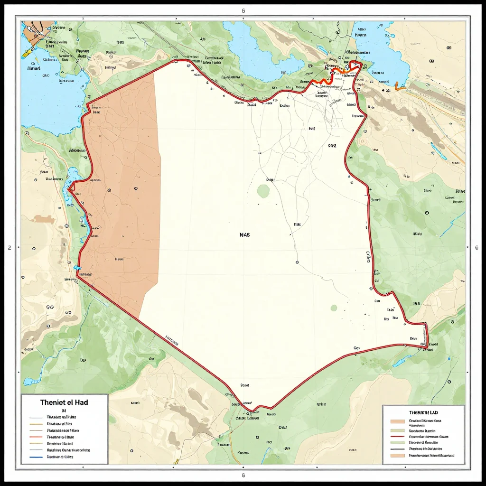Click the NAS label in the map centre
point(245,234)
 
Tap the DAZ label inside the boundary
point(332,146)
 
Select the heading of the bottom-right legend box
point(422,413)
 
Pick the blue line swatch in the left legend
point(36,457)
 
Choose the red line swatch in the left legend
point(36,437)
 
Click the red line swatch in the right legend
point(397,436)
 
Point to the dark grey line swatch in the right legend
point(397,449)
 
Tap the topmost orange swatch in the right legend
point(397,421)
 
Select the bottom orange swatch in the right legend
point(397,456)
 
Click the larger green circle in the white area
point(263,191)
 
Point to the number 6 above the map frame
point(243,10)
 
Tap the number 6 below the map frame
point(243,475)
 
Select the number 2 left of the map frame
point(9,247)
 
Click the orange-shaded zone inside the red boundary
point(119,190)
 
